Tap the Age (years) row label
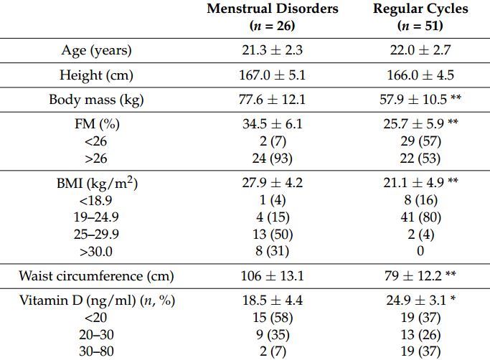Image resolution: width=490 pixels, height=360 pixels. [96, 51]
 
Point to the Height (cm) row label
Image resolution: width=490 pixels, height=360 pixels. [96, 75]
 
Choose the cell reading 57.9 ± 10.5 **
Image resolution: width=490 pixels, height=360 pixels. [420, 100]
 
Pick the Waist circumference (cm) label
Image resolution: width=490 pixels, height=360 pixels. [96, 276]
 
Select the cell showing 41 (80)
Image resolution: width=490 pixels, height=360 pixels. [420, 217]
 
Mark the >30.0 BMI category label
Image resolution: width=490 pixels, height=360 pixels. [96, 251]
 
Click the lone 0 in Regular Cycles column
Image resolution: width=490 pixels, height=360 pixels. [420, 251]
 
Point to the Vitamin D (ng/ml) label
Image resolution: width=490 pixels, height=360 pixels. [96, 300]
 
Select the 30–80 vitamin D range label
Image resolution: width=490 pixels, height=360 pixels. [96, 351]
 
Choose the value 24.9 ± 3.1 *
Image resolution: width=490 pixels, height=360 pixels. [420, 300]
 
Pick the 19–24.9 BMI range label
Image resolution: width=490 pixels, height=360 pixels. [96, 217]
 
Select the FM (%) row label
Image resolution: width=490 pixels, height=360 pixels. [96, 124]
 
